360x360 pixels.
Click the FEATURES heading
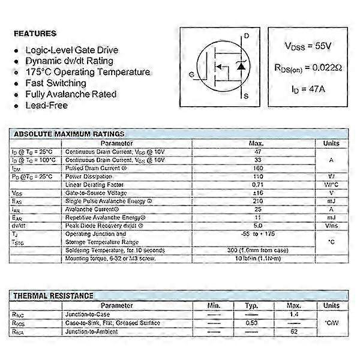click(35, 33)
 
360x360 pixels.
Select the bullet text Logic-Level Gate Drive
click(72, 50)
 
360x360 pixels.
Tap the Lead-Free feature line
click(46, 105)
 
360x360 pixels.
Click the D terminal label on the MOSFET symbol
click(247, 36)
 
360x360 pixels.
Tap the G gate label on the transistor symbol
click(191, 74)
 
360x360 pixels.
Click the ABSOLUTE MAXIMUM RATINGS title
click(69, 134)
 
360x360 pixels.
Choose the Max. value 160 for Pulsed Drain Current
click(257, 169)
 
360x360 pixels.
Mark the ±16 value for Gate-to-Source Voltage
click(257, 193)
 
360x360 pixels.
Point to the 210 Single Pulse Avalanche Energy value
click(257, 201)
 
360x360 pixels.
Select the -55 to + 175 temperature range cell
click(257, 233)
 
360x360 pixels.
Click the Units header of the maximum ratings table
click(331, 143)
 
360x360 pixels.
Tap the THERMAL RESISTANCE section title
click(53, 295)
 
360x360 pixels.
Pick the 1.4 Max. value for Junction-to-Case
click(295, 314)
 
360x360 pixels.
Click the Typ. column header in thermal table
click(252, 305)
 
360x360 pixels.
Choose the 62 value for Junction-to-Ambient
click(295, 331)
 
